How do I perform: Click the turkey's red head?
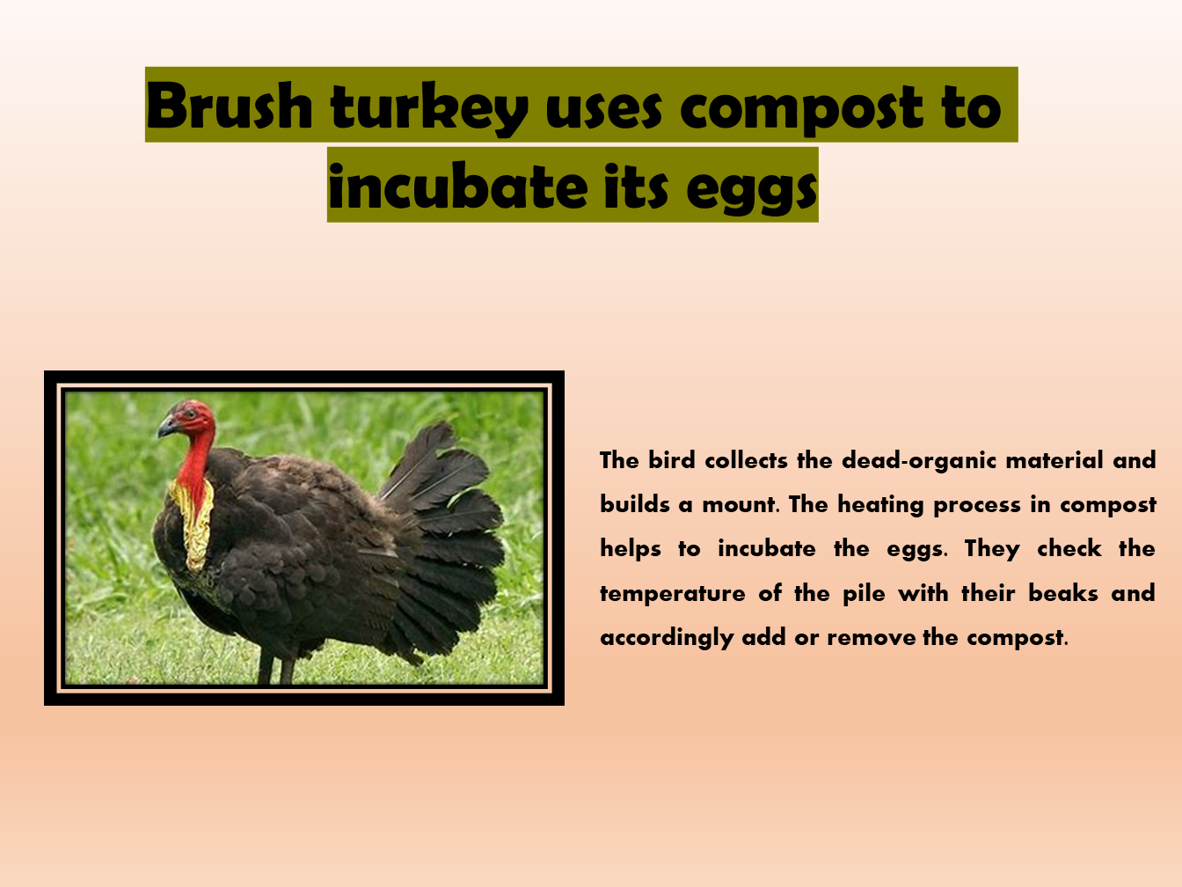coord(193,417)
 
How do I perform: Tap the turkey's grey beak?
coord(167,428)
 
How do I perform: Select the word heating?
coord(880,505)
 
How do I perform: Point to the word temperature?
coord(673,594)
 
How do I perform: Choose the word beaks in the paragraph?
coord(1063,594)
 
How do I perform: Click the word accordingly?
coord(667,638)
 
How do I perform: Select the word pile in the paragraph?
coord(864,594)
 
